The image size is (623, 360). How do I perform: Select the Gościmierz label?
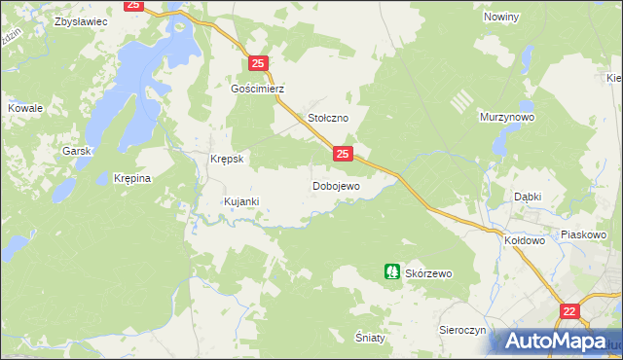coord(257,88)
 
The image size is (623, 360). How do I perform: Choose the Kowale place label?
coord(25,109)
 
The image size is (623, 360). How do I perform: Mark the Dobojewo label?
coord(336,186)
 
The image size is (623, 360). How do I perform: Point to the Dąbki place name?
coord(528,196)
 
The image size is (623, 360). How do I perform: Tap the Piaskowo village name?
coord(584,235)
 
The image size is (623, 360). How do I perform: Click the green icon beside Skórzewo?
coord(391,273)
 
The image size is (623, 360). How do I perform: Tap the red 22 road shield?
coord(569,310)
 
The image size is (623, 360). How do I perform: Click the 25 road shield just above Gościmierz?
coord(258,63)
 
